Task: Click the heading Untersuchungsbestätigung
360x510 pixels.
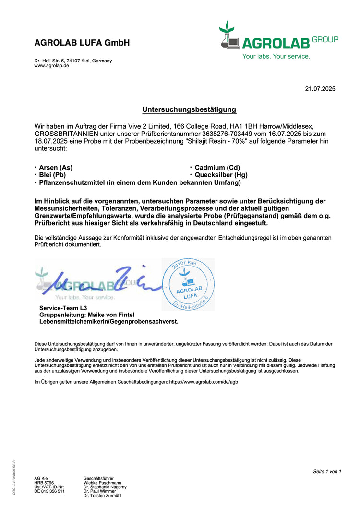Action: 189,109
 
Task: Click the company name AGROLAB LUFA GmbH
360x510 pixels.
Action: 82,43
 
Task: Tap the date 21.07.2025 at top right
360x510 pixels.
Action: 320,89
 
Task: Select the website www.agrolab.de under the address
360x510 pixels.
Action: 51,66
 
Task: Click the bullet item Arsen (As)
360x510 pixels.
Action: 56,168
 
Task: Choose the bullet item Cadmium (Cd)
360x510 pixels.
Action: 217,168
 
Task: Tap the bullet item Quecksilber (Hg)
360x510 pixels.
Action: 221,175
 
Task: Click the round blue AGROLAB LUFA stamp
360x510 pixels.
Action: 188,284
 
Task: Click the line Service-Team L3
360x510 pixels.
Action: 63,308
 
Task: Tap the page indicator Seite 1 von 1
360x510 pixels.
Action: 327,471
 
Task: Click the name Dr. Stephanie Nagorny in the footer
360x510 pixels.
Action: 105,487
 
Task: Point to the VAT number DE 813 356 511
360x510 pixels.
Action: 49,491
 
